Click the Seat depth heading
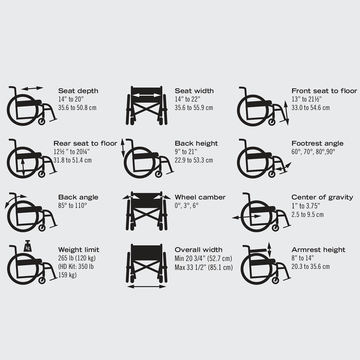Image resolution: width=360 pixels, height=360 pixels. click(x=78, y=91)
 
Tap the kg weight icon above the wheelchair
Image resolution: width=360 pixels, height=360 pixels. click(x=27, y=247)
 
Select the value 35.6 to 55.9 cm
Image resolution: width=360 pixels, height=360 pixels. click(x=194, y=108)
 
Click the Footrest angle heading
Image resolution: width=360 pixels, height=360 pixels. click(x=317, y=144)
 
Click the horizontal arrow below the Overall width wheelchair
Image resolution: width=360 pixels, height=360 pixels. click(x=146, y=286)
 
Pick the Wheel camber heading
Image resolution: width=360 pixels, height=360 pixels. click(x=200, y=197)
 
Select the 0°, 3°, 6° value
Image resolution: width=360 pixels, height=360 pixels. click(x=186, y=206)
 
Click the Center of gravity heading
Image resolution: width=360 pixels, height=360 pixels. click(x=322, y=197)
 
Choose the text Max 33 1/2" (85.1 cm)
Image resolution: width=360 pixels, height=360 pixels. click(x=204, y=267)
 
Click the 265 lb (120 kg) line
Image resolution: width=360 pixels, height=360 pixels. click(x=77, y=258)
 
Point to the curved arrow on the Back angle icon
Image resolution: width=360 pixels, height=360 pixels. click(x=14, y=198)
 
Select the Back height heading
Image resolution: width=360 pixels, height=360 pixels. click(x=196, y=144)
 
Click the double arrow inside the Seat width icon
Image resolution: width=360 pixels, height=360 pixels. click(x=146, y=95)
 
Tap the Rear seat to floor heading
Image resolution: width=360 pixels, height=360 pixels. click(x=85, y=144)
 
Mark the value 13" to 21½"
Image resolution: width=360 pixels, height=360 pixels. click(x=306, y=99)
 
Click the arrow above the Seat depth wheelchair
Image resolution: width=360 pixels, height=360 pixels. click(x=32, y=88)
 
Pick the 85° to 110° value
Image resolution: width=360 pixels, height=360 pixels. click(x=72, y=206)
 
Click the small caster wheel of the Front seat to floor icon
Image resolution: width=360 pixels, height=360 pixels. click(x=272, y=122)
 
